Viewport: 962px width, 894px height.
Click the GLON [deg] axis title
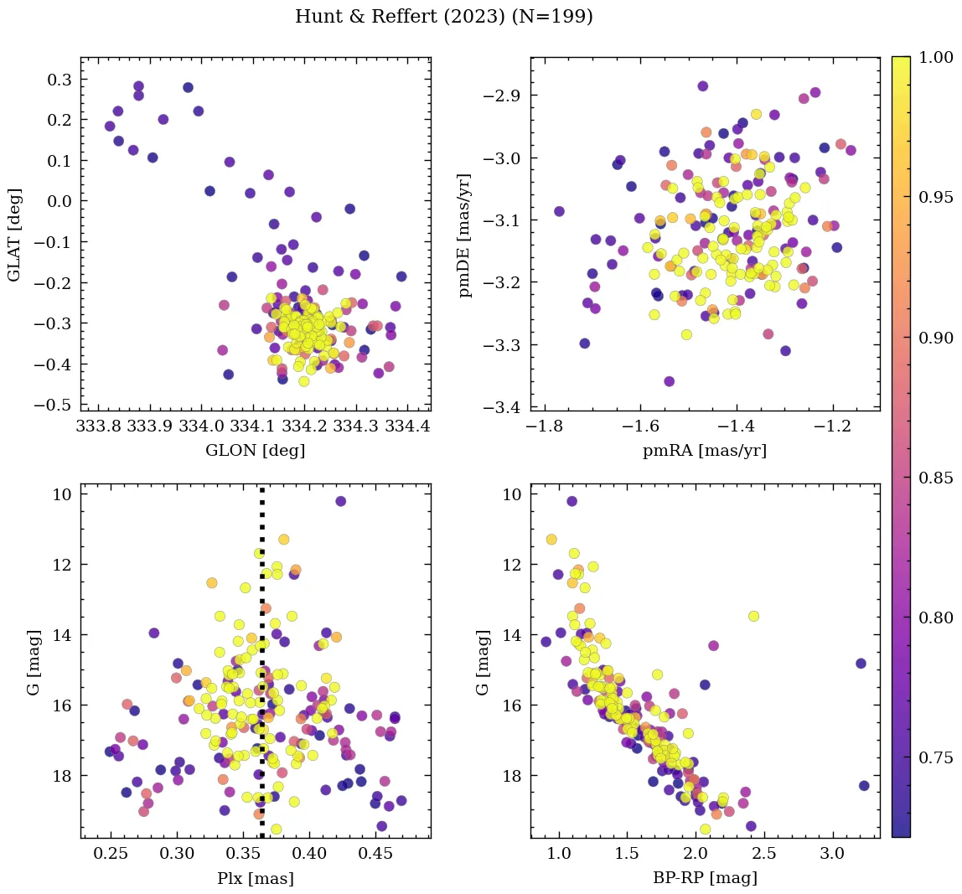[x=255, y=451]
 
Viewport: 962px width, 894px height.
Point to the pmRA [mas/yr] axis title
[x=705, y=451]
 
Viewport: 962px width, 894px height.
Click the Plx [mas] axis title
[x=255, y=879]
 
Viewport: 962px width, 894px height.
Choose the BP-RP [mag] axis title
[x=705, y=879]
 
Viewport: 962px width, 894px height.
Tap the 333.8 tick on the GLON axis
[x=97, y=426]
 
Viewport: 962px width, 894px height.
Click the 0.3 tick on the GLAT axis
[x=59, y=79]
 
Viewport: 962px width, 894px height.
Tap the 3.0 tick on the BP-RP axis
[x=832, y=855]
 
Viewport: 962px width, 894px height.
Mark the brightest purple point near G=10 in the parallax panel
[x=341, y=501]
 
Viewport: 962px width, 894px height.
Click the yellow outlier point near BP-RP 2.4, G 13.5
[x=753, y=616]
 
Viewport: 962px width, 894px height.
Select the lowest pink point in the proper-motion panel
[x=670, y=381]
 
